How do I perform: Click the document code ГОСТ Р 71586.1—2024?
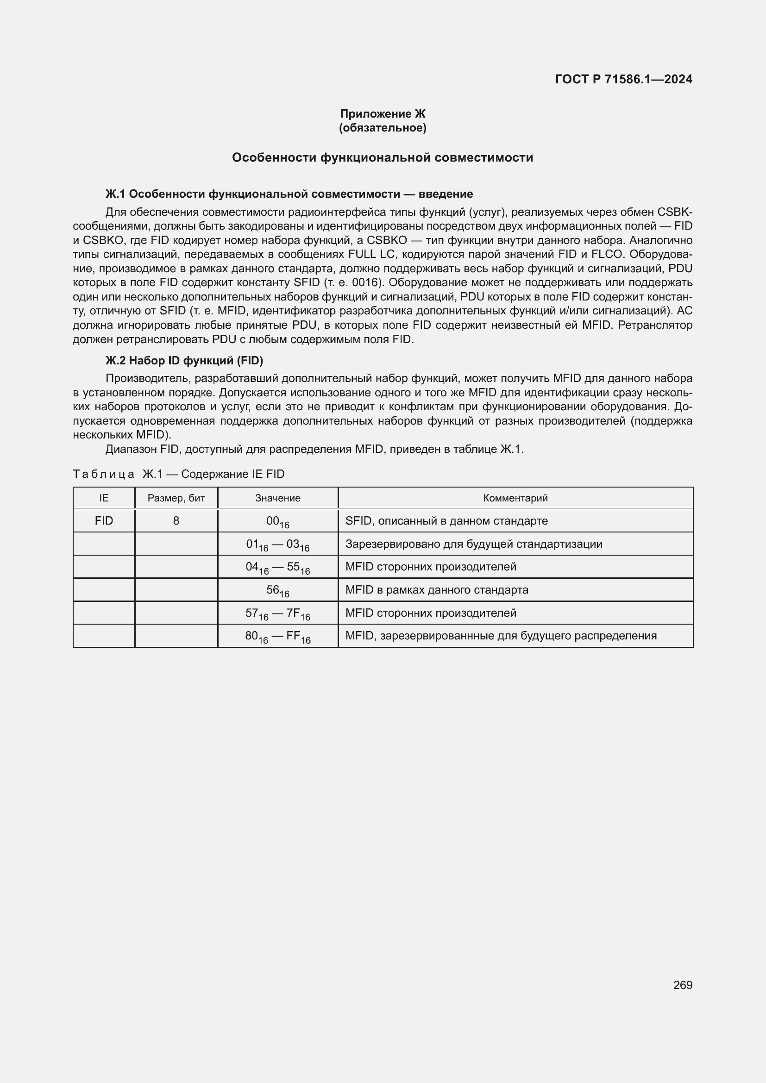tap(623, 79)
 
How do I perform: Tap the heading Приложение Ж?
tap(383, 114)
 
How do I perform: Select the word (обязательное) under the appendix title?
tap(383, 128)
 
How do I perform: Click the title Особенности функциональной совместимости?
tap(383, 157)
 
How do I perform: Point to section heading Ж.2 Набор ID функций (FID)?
tap(184, 361)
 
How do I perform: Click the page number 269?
tap(683, 985)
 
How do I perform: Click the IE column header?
tap(104, 498)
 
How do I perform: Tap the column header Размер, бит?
tap(176, 498)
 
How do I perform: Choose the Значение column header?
tap(278, 498)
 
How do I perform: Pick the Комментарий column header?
tap(515, 498)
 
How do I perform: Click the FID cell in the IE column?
tap(104, 521)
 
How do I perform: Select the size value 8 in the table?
tap(176, 521)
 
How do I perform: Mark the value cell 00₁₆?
tap(278, 522)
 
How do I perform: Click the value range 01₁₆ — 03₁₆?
tap(278, 545)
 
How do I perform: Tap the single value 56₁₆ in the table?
tap(278, 590)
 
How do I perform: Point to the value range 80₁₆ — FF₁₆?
tap(278, 636)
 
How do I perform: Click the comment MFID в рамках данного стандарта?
tap(437, 590)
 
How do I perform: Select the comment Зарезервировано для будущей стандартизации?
tap(474, 545)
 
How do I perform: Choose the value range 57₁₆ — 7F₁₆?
tap(278, 613)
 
